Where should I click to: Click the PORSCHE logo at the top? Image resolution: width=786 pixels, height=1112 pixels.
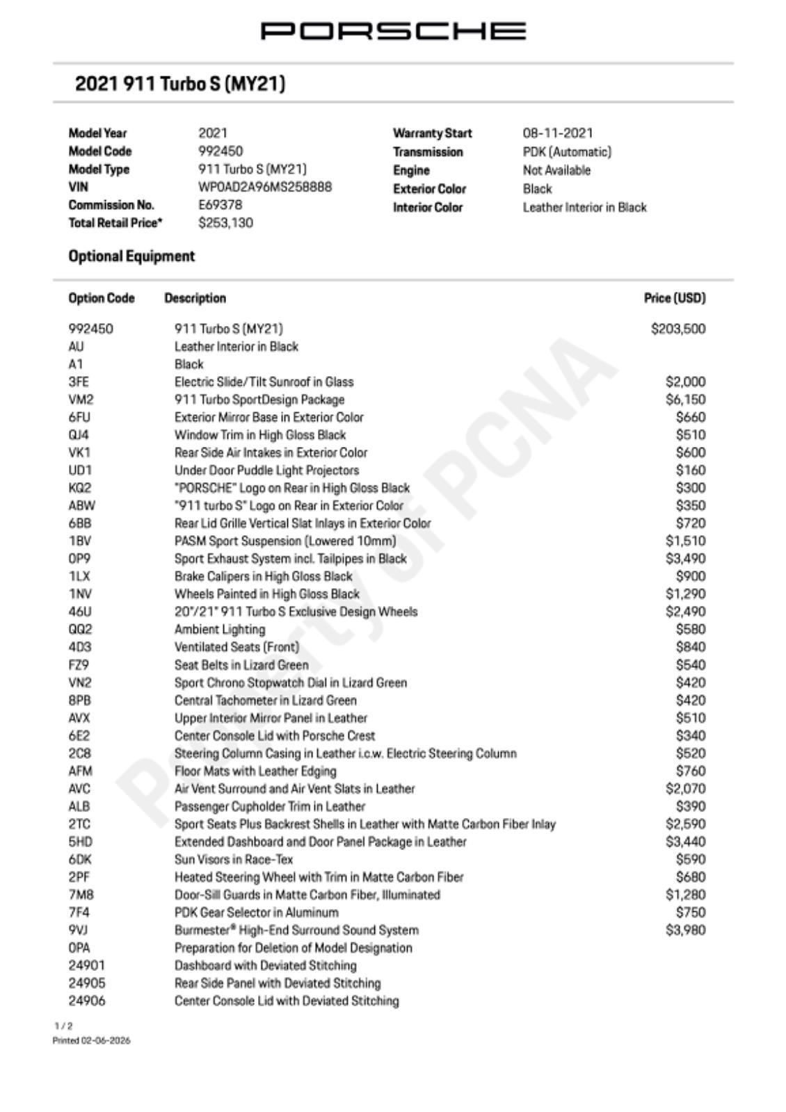(393, 31)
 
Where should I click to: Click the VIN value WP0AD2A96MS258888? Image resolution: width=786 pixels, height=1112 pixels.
(265, 187)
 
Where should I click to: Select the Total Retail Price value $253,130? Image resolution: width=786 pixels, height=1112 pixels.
(225, 223)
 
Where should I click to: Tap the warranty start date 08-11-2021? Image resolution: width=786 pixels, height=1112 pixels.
(558, 133)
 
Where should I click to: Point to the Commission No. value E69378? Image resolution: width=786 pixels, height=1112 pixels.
(220, 205)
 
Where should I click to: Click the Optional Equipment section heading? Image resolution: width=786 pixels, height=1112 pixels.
(131, 256)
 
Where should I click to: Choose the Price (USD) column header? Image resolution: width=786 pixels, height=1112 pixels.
(674, 298)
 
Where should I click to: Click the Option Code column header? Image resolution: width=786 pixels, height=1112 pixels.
(102, 298)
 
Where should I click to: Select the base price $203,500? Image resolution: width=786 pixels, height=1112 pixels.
(677, 329)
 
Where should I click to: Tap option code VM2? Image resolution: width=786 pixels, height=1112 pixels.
(81, 400)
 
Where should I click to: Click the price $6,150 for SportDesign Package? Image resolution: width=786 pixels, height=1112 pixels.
(685, 400)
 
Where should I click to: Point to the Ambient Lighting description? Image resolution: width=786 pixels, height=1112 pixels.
(220, 630)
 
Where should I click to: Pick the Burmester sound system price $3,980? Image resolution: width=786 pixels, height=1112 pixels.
(685, 930)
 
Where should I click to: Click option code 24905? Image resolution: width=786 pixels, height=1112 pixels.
(87, 983)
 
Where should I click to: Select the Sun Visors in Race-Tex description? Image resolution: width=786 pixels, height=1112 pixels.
(234, 860)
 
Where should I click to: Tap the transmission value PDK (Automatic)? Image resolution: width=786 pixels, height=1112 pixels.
(567, 152)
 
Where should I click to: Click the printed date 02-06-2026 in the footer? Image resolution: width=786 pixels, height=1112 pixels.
(104, 1040)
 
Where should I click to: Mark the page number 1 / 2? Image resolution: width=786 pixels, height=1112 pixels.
(63, 1026)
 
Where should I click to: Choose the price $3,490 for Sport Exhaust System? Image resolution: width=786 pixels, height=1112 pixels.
(685, 559)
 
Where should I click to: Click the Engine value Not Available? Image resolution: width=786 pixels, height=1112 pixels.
(556, 170)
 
